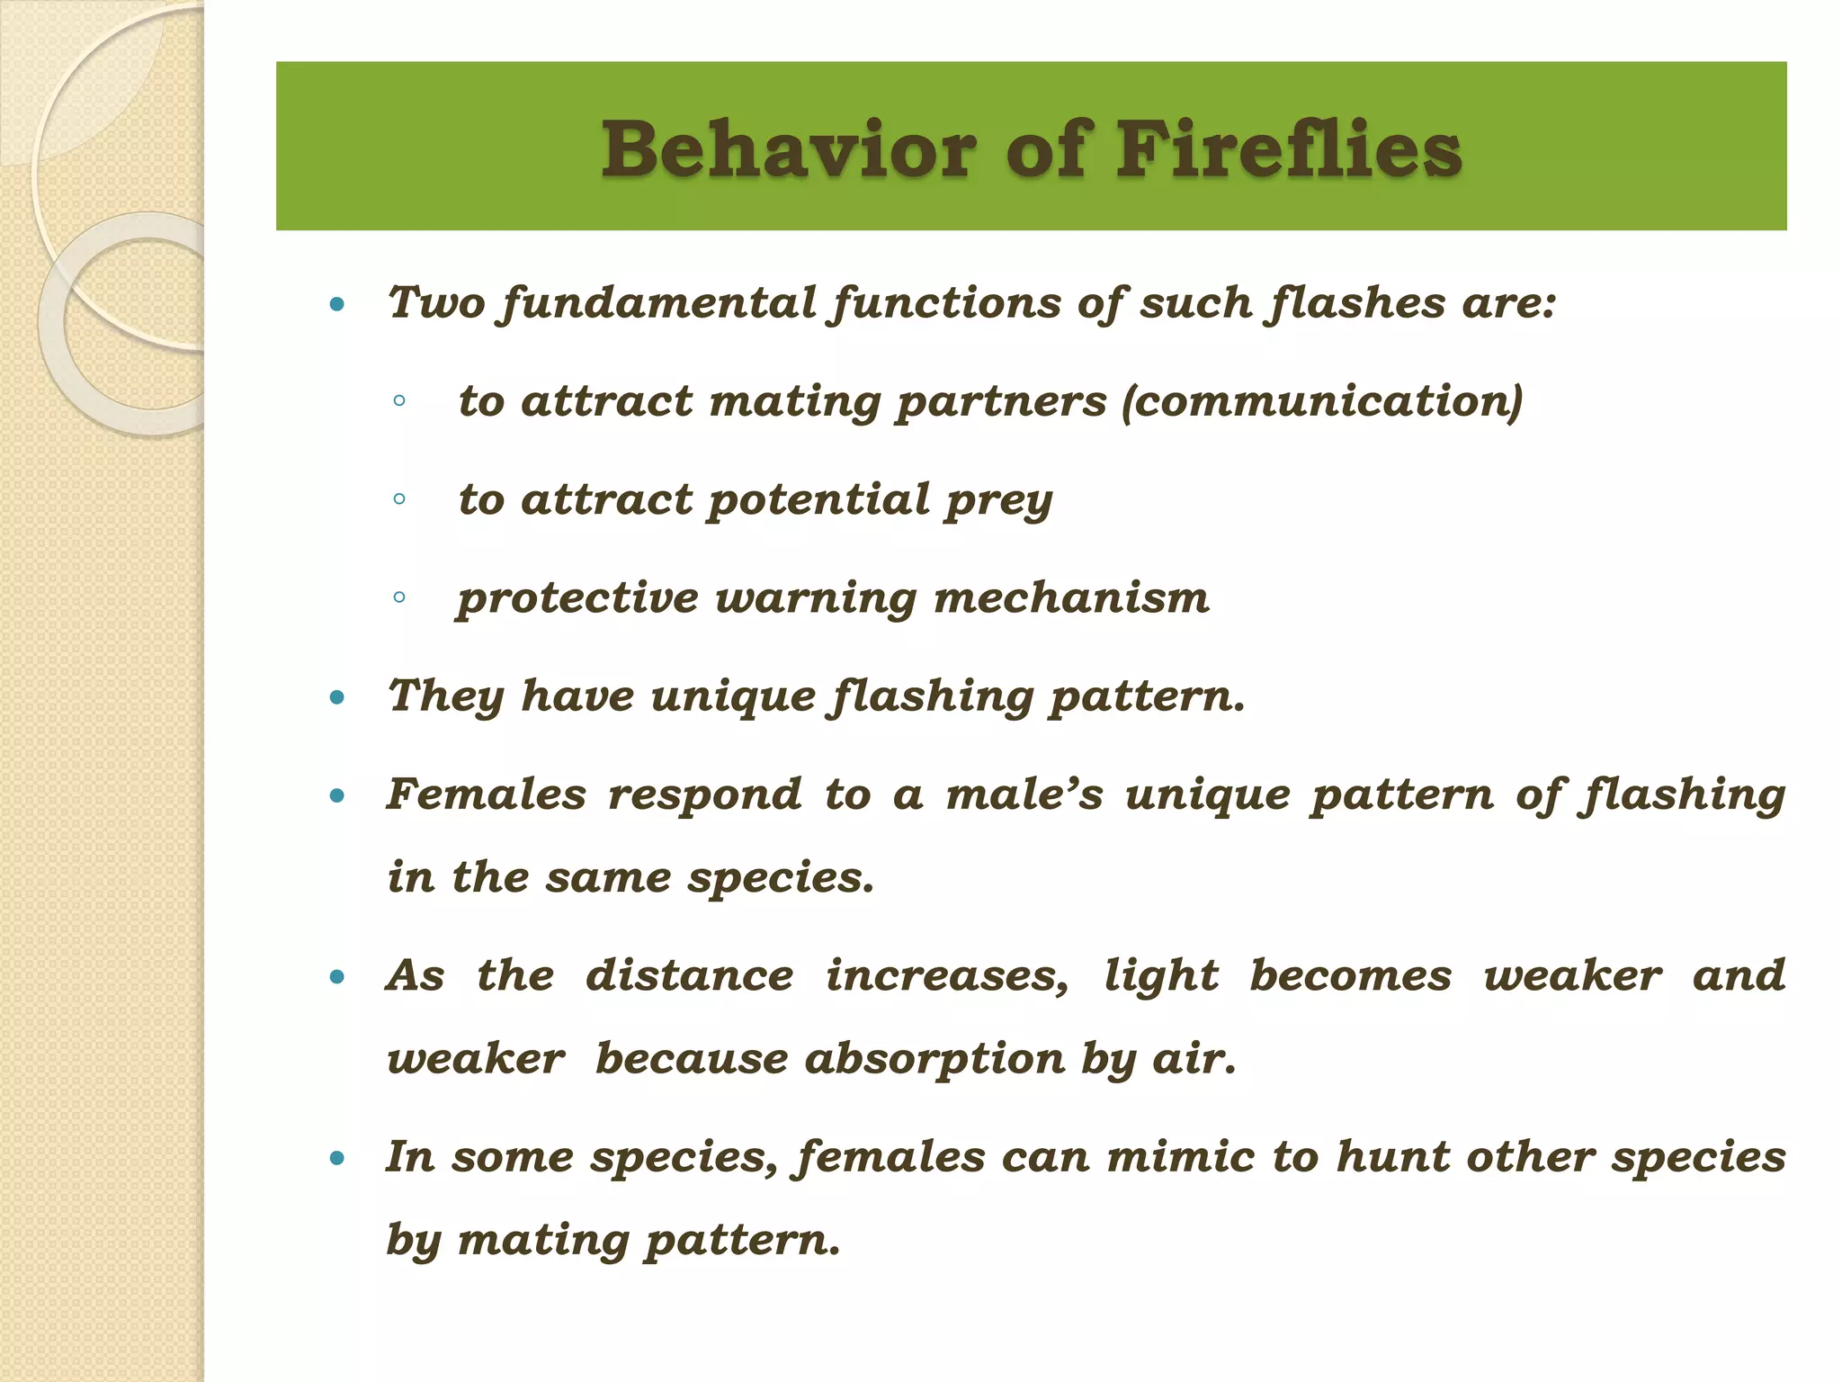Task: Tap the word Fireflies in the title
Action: [x=1289, y=149]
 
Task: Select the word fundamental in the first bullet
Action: [x=659, y=303]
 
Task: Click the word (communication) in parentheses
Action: [x=1322, y=401]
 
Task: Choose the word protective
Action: [x=577, y=599]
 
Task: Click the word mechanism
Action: [x=1071, y=599]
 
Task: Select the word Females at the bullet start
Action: [x=487, y=794]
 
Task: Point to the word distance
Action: [x=690, y=976]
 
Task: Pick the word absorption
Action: [x=934, y=1059]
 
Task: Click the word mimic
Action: [x=1180, y=1157]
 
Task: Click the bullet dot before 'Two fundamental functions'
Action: [x=337, y=305]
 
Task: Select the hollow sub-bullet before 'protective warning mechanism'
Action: [x=399, y=597]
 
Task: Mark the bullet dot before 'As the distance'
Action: [x=337, y=977]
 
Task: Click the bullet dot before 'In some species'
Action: [x=337, y=1159]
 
